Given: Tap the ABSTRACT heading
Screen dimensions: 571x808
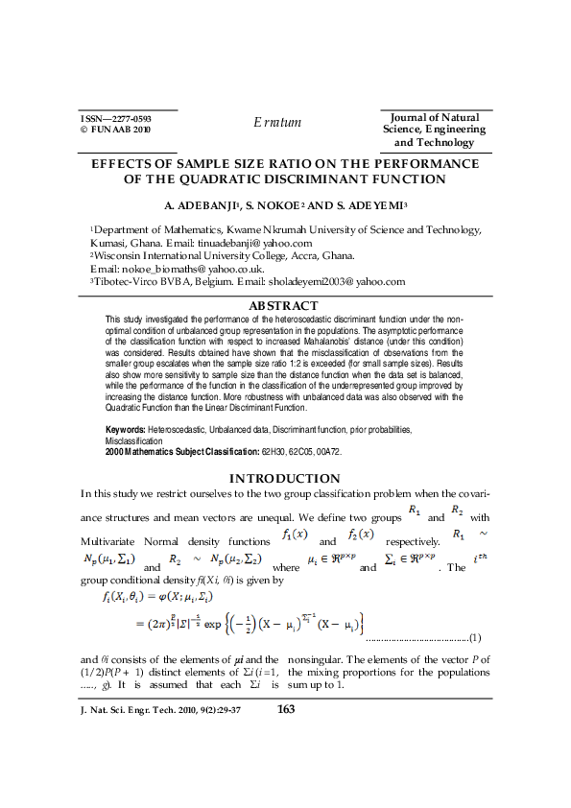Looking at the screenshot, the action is coord(283,305).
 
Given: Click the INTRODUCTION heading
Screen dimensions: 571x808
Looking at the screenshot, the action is coord(283,478).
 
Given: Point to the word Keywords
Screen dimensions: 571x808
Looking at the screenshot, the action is coord(125,430).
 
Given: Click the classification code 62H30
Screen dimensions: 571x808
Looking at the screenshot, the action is coord(274,449).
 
